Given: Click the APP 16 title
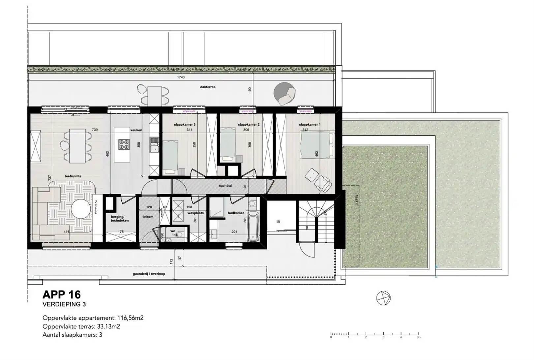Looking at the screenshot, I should pos(62,294).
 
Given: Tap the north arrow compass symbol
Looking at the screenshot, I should pos(383,298).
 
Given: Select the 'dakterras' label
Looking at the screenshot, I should pos(208,87).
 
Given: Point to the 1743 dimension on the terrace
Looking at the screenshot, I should pos(181,77).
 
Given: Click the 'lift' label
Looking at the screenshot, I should pos(278,222).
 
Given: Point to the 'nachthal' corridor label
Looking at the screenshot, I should pos(225,186).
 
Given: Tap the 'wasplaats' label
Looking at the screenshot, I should pos(195,213).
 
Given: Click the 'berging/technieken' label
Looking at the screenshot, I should pos(120,219).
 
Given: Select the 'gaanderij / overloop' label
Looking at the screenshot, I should pos(149,274).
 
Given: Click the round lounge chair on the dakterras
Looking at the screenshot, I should pos(285,93).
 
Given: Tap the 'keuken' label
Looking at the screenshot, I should pos(136,130).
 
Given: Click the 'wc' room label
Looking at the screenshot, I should pos(173,231).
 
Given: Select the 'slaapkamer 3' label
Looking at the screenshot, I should pos(185,125).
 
